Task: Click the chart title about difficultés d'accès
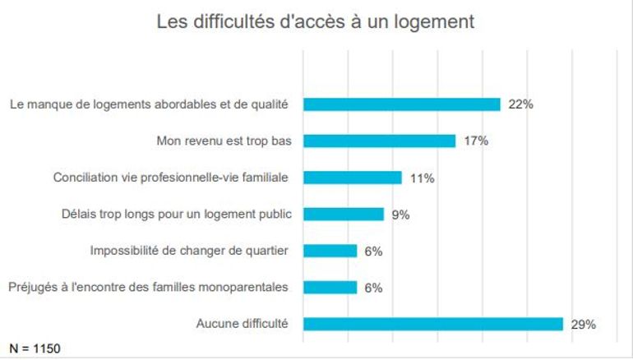pos(316,22)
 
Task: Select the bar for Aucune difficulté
pos(433,324)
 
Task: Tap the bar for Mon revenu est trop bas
pos(380,141)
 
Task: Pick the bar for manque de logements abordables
pos(402,104)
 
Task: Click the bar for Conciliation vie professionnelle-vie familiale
pos(353,178)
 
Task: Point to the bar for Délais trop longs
pos(344,214)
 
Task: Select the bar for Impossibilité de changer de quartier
pos(330,251)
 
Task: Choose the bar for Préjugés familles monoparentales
pos(330,287)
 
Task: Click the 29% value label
pos(583,324)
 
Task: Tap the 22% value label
pos(521,104)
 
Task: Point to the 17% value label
pos(476,141)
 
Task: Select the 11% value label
pos(422,178)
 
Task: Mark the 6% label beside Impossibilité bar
pos(373,251)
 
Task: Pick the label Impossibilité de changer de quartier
pos(188,251)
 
